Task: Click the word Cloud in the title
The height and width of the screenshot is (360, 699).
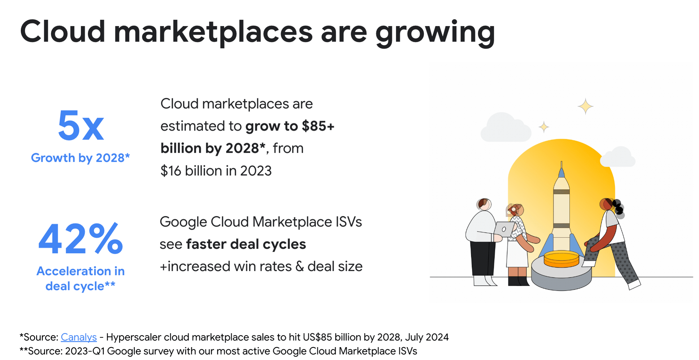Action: pos(63,32)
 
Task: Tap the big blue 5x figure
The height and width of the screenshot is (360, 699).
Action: pos(81,126)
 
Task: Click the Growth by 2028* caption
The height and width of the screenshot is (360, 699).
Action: pos(80,158)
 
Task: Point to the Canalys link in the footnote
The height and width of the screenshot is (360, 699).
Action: pos(79,337)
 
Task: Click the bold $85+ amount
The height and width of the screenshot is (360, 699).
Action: pos(318,126)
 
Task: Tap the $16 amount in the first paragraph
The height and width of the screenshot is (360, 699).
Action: pos(171,171)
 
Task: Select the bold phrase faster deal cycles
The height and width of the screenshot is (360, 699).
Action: pos(246,244)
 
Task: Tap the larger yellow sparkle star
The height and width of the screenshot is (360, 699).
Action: pos(586,106)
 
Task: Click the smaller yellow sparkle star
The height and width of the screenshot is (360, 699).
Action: pos(544,127)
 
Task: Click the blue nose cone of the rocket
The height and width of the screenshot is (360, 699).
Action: pos(561,173)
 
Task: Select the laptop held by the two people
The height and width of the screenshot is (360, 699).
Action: pos(504,229)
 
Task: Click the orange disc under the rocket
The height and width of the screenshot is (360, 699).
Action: pos(561,259)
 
